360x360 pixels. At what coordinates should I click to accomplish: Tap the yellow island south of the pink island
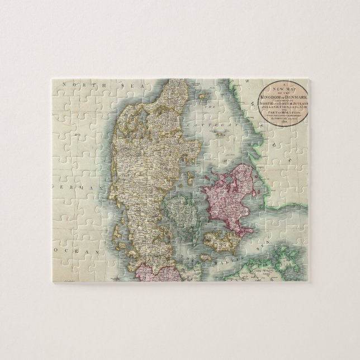(220, 241)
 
